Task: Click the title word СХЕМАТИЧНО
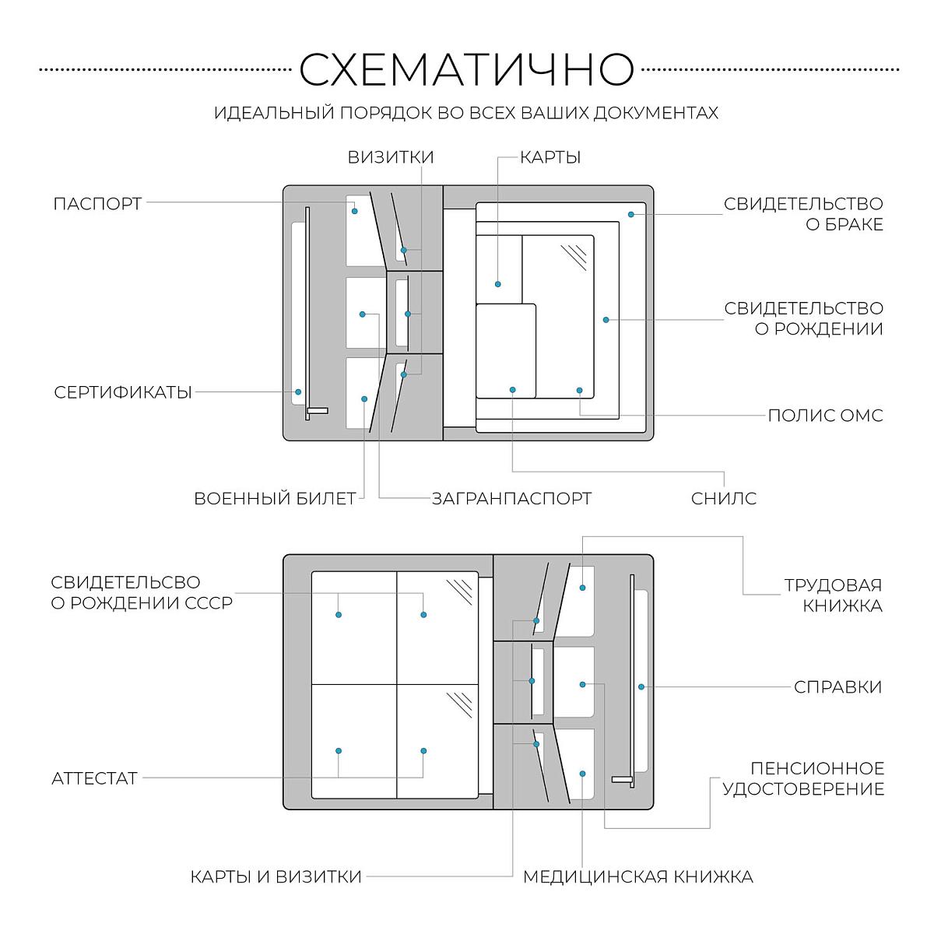pos(466,69)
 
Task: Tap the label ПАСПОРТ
pos(97,204)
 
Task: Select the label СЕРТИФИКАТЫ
pos(123,392)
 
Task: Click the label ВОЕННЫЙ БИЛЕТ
pos(275,498)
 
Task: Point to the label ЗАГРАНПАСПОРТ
pos(512,498)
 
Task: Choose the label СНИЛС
pos(724,498)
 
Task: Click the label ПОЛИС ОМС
pos(826,416)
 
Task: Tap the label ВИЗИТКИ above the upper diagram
pos(391,157)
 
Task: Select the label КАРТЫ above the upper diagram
pos(550,157)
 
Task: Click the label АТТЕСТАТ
pos(94,779)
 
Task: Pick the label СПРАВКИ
pos(837,686)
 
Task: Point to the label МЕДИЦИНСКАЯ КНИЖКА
pos(638,876)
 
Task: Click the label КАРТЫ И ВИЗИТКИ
pos(276,876)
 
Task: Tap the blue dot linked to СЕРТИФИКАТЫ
pos(298,392)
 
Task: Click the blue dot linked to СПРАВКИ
pos(641,686)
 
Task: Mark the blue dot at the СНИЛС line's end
pos(512,390)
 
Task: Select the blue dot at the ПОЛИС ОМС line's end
pos(579,390)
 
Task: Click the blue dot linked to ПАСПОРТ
pos(354,211)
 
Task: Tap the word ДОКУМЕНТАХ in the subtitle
pos(656,113)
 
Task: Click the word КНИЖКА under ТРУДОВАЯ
pos(842,606)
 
